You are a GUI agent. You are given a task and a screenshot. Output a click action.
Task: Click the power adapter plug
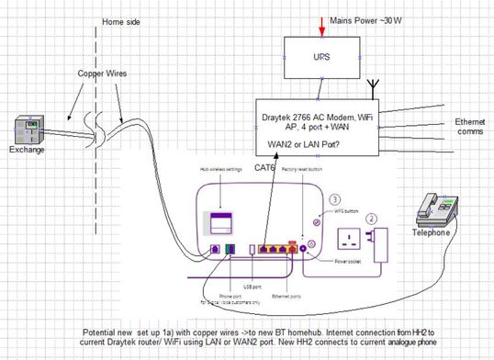click(x=381, y=242)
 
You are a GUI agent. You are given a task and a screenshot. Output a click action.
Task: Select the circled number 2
click(x=371, y=219)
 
